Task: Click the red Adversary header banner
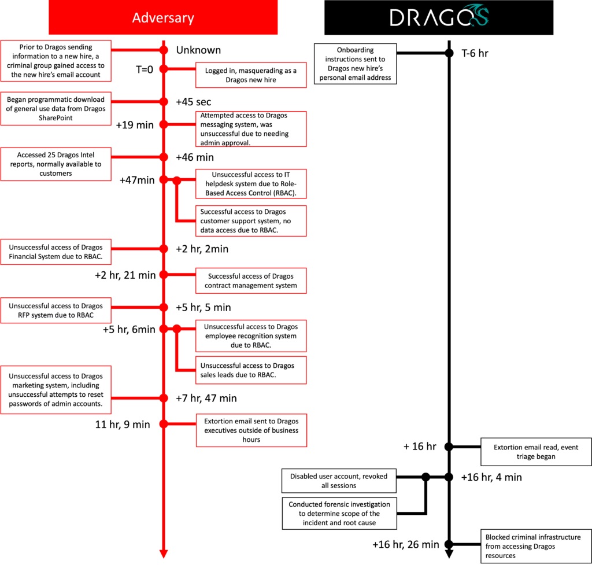click(x=163, y=17)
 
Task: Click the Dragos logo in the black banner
click(x=439, y=17)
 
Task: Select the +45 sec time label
click(x=194, y=102)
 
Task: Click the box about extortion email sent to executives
click(x=251, y=430)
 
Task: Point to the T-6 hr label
click(x=475, y=53)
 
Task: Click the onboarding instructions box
click(x=356, y=64)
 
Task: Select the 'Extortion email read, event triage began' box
click(x=536, y=452)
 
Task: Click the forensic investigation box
click(x=339, y=514)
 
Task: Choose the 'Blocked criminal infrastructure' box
click(x=536, y=546)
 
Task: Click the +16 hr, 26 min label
click(x=405, y=544)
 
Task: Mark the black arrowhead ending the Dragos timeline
click(x=449, y=554)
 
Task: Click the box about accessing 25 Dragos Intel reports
click(x=55, y=164)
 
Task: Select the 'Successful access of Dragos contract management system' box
click(x=251, y=281)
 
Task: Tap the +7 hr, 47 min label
click(x=206, y=398)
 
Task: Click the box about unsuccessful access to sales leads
click(x=251, y=370)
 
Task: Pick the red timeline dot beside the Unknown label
click(x=163, y=50)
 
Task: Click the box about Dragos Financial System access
click(x=55, y=252)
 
